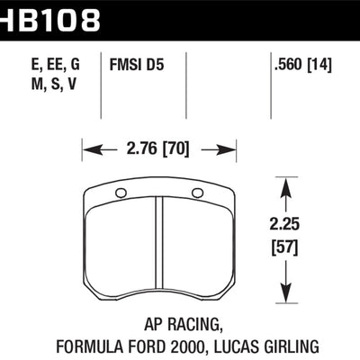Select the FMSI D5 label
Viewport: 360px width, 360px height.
pyautogui.click(x=138, y=65)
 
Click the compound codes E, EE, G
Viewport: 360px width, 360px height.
pyautogui.click(x=47, y=65)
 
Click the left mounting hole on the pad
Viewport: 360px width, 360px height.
pyautogui.click(x=121, y=193)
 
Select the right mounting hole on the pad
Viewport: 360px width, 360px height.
pyautogui.click(x=198, y=193)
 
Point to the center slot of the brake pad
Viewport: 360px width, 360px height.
pyautogui.click(x=159, y=247)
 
